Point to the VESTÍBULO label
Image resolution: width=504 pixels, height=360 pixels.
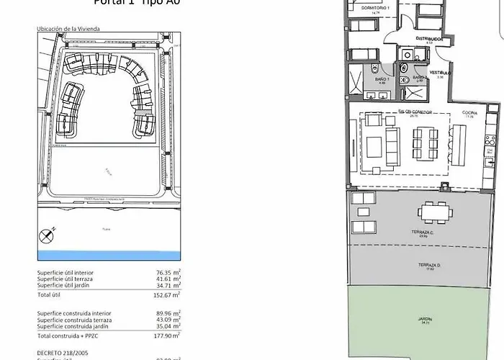click(441, 73)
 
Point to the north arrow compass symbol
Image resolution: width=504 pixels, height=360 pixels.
click(48, 234)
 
